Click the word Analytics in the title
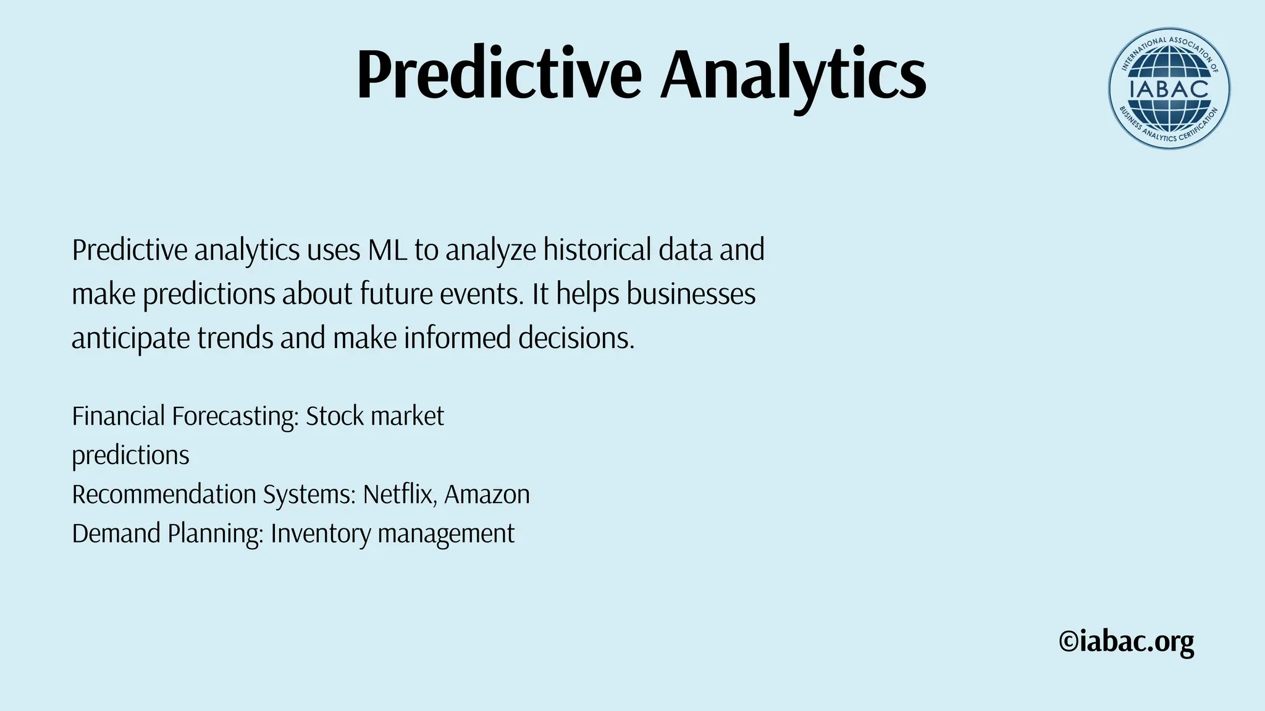coord(793,75)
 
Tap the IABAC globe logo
coord(1169,88)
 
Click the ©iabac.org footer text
coord(1126,642)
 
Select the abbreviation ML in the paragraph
coord(387,250)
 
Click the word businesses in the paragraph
coord(691,294)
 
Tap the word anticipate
coord(130,338)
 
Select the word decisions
coord(576,338)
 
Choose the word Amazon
coord(487,494)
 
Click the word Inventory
coord(320,534)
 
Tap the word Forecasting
coord(235,417)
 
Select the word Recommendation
coord(164,494)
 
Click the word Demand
coord(116,534)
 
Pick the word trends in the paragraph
coord(235,338)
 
